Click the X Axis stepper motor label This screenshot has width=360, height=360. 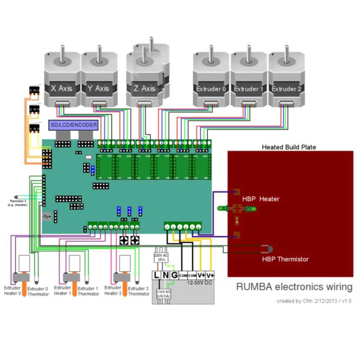pyautogui.click(x=62, y=88)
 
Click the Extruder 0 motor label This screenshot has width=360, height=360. pyautogui.click(x=211, y=89)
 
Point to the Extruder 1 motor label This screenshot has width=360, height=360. pyautogui.click(x=249, y=89)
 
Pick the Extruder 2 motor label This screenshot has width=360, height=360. pyautogui.click(x=286, y=89)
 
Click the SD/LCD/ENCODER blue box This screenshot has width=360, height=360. pyautogui.click(x=73, y=125)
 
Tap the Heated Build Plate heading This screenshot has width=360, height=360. pyautogui.click(x=289, y=147)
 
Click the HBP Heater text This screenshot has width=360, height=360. pyautogui.click(x=261, y=199)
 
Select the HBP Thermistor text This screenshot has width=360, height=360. pyautogui.click(x=285, y=259)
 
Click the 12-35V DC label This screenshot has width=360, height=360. pyautogui.click(x=201, y=283)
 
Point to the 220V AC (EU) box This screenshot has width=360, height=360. pyautogui.click(x=161, y=257)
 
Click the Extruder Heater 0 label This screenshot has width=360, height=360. pyautogui.click(x=12, y=291)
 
